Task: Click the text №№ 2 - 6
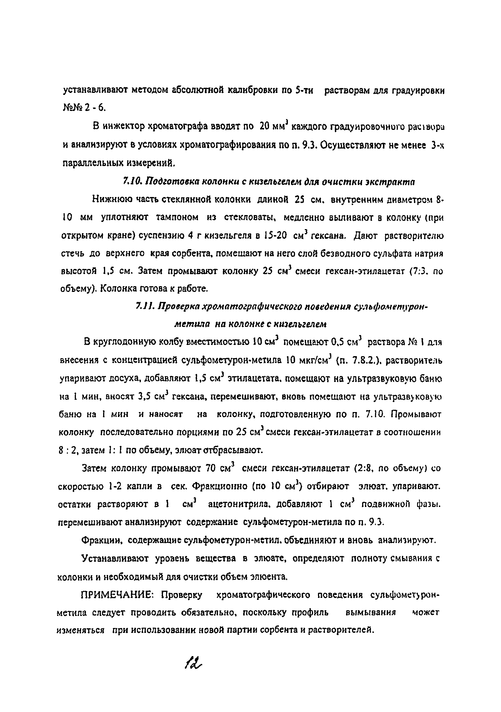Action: (x=84, y=107)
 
